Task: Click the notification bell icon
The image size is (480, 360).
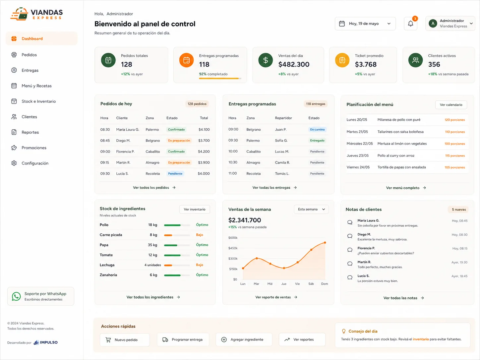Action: point(410,24)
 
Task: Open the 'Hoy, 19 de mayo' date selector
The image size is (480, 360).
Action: point(365,24)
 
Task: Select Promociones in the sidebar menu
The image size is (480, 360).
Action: point(34,148)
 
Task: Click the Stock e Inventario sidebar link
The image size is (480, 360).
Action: point(38,101)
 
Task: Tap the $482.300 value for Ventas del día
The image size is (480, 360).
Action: point(294,64)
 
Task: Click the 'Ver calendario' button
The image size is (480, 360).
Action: point(451,105)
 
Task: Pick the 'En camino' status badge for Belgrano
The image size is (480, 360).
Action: point(317,130)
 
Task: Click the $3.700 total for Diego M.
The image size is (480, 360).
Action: point(204,141)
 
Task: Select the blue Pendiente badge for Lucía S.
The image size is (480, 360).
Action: point(175,174)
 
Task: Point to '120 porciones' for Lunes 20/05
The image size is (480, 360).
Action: point(454,120)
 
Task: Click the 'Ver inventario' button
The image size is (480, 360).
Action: point(194,210)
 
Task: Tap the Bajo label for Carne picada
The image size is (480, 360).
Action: point(200,235)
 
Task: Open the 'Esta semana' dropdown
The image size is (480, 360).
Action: point(311,210)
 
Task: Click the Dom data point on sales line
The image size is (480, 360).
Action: point(325,243)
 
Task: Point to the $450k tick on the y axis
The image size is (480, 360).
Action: point(233,248)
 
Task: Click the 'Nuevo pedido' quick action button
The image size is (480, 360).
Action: point(125,340)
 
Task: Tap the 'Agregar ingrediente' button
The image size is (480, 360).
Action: point(244,339)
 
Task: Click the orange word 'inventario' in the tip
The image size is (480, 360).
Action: point(421,339)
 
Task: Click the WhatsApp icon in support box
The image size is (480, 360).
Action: point(16,296)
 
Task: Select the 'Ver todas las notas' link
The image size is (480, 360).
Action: point(403,298)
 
